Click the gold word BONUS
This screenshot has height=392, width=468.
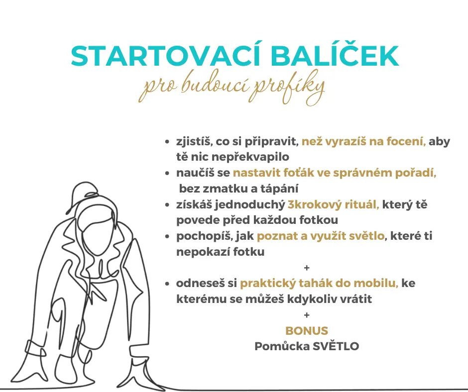(x=307, y=330)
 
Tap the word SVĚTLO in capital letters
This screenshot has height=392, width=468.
(x=336, y=346)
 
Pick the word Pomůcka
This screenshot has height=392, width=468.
(x=282, y=346)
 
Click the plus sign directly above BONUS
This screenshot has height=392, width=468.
(x=307, y=315)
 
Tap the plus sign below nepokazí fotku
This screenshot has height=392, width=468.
(x=307, y=268)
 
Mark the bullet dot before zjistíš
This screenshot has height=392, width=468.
(x=167, y=142)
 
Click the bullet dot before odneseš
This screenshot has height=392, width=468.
(x=167, y=284)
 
